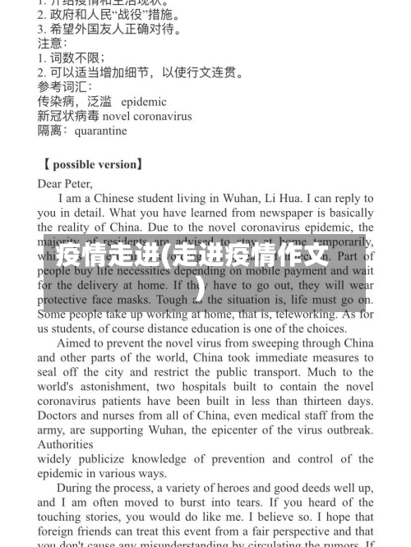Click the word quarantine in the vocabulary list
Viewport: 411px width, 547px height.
click(x=100, y=131)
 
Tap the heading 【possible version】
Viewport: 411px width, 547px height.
click(x=91, y=164)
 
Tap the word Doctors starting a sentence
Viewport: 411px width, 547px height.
click(x=58, y=416)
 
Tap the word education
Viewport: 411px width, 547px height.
click(x=227, y=329)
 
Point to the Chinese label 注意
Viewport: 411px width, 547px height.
click(x=52, y=43)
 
